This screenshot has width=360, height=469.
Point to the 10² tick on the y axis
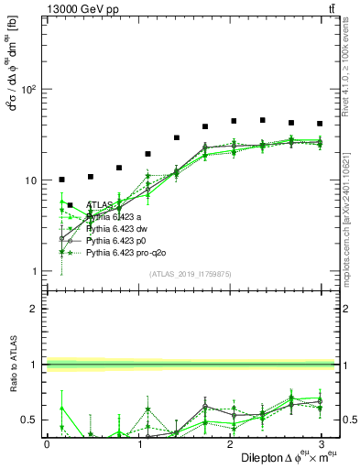coord(28,90)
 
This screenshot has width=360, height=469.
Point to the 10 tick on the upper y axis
coord(30,180)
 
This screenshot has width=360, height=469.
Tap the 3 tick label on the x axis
coord(320,443)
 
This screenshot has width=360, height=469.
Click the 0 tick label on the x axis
coord(47,443)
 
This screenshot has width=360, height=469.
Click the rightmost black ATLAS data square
coord(320,124)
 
